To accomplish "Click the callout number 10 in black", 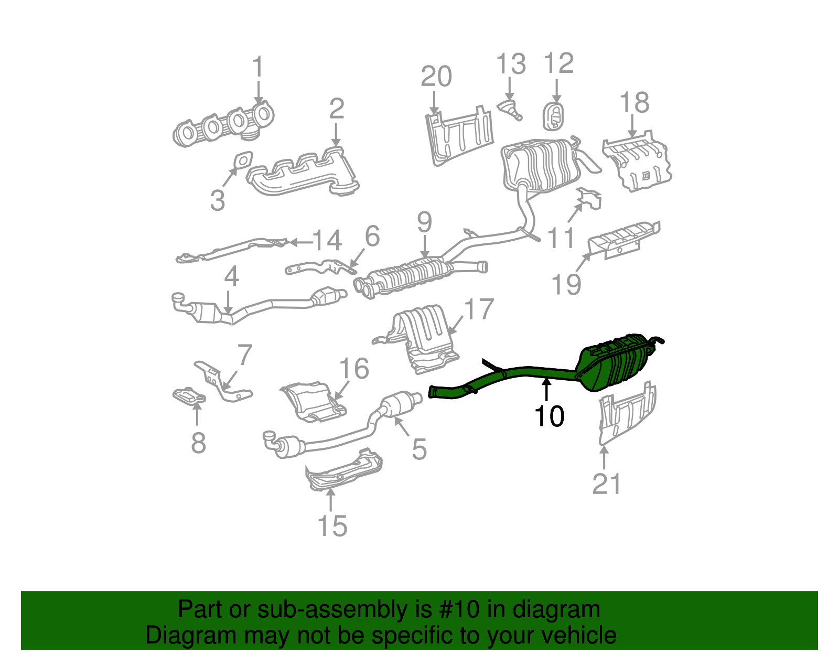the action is click(x=549, y=417).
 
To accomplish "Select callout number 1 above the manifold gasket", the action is click(x=257, y=68).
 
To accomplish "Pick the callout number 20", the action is click(x=436, y=77).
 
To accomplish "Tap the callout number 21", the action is click(x=607, y=484).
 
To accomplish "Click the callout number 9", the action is click(x=424, y=222).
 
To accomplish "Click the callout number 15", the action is click(x=332, y=525).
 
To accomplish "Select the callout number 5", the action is click(x=419, y=449).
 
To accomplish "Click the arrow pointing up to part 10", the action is click(x=546, y=390).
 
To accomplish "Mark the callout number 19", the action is click(x=567, y=285).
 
